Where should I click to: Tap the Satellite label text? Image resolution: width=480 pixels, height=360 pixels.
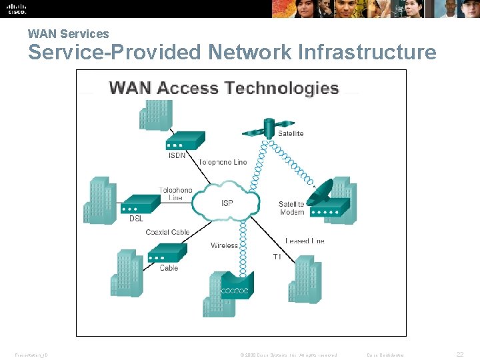point(291,133)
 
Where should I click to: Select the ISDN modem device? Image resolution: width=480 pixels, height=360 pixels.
point(185,141)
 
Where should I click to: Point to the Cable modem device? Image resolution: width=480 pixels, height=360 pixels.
point(166,254)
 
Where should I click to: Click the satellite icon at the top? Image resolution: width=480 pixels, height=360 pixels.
point(269,127)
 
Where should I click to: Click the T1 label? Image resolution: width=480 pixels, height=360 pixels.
point(277,257)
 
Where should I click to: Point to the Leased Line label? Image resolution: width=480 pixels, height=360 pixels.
point(305,241)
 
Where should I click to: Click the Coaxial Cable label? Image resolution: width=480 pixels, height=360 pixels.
point(167,232)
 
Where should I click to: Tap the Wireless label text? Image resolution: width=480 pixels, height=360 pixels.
point(224,245)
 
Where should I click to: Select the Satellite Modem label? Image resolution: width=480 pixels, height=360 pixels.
point(291,208)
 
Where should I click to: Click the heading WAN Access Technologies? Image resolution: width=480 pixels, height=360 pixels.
point(224,88)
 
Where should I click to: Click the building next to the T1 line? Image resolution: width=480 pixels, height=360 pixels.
point(307,278)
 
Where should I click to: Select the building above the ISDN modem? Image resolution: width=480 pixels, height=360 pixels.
point(155,115)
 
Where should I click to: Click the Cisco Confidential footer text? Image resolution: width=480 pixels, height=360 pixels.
point(386,355)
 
